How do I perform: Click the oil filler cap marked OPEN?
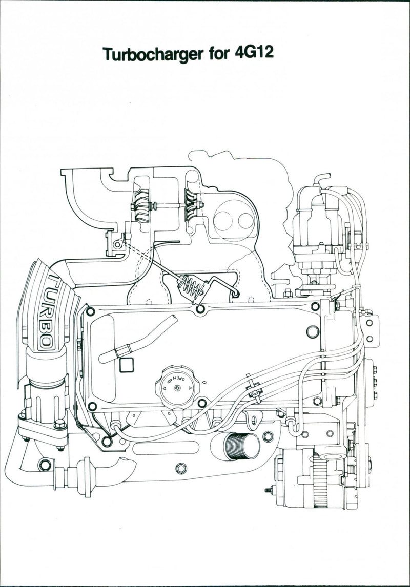[x=176, y=384]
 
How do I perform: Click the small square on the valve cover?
[x=126, y=365]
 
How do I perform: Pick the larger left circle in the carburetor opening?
[x=223, y=221]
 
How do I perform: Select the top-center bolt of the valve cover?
[x=200, y=309]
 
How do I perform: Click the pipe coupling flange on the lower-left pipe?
[x=81, y=477]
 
